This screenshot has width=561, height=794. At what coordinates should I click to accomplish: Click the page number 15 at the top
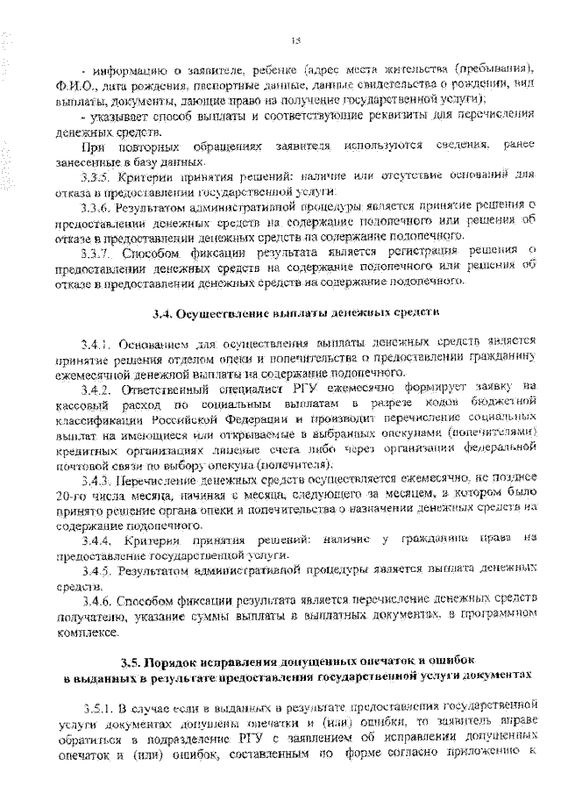coord(295,39)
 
